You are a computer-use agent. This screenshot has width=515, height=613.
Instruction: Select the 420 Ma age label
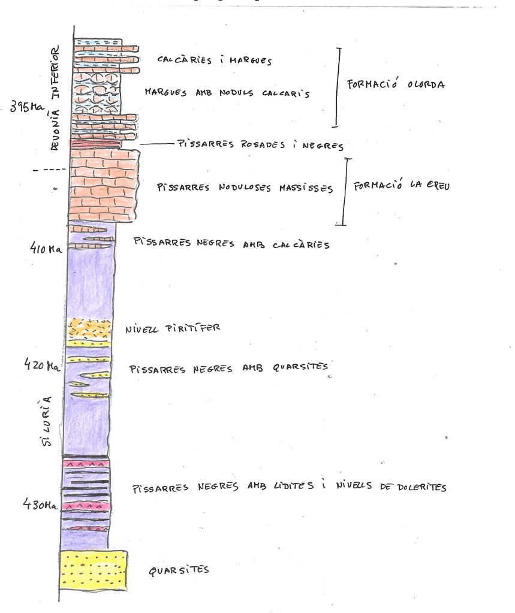[x=41, y=364]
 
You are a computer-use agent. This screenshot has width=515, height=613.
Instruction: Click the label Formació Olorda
[x=396, y=84]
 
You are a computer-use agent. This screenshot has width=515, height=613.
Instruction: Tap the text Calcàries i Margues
[x=215, y=61]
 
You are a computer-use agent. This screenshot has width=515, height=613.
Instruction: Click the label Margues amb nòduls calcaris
[x=227, y=93]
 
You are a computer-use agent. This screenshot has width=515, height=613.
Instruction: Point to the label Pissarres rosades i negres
[x=260, y=145]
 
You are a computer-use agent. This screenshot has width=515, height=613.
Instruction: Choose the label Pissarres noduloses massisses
[x=245, y=188]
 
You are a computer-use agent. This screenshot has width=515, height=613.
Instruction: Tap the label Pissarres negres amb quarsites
[x=230, y=367]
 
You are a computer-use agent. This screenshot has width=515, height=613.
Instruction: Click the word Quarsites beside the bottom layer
[x=179, y=570]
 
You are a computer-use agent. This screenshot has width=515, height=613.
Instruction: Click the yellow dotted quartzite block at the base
[x=94, y=569]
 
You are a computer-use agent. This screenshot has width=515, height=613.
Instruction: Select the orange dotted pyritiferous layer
[x=91, y=328]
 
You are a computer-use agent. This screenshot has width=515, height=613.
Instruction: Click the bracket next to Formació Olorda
[x=338, y=87]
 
